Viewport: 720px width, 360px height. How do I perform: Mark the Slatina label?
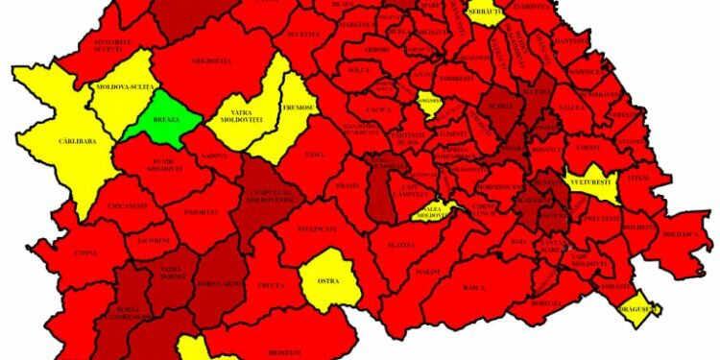pyautogui.click(x=401, y=245)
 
